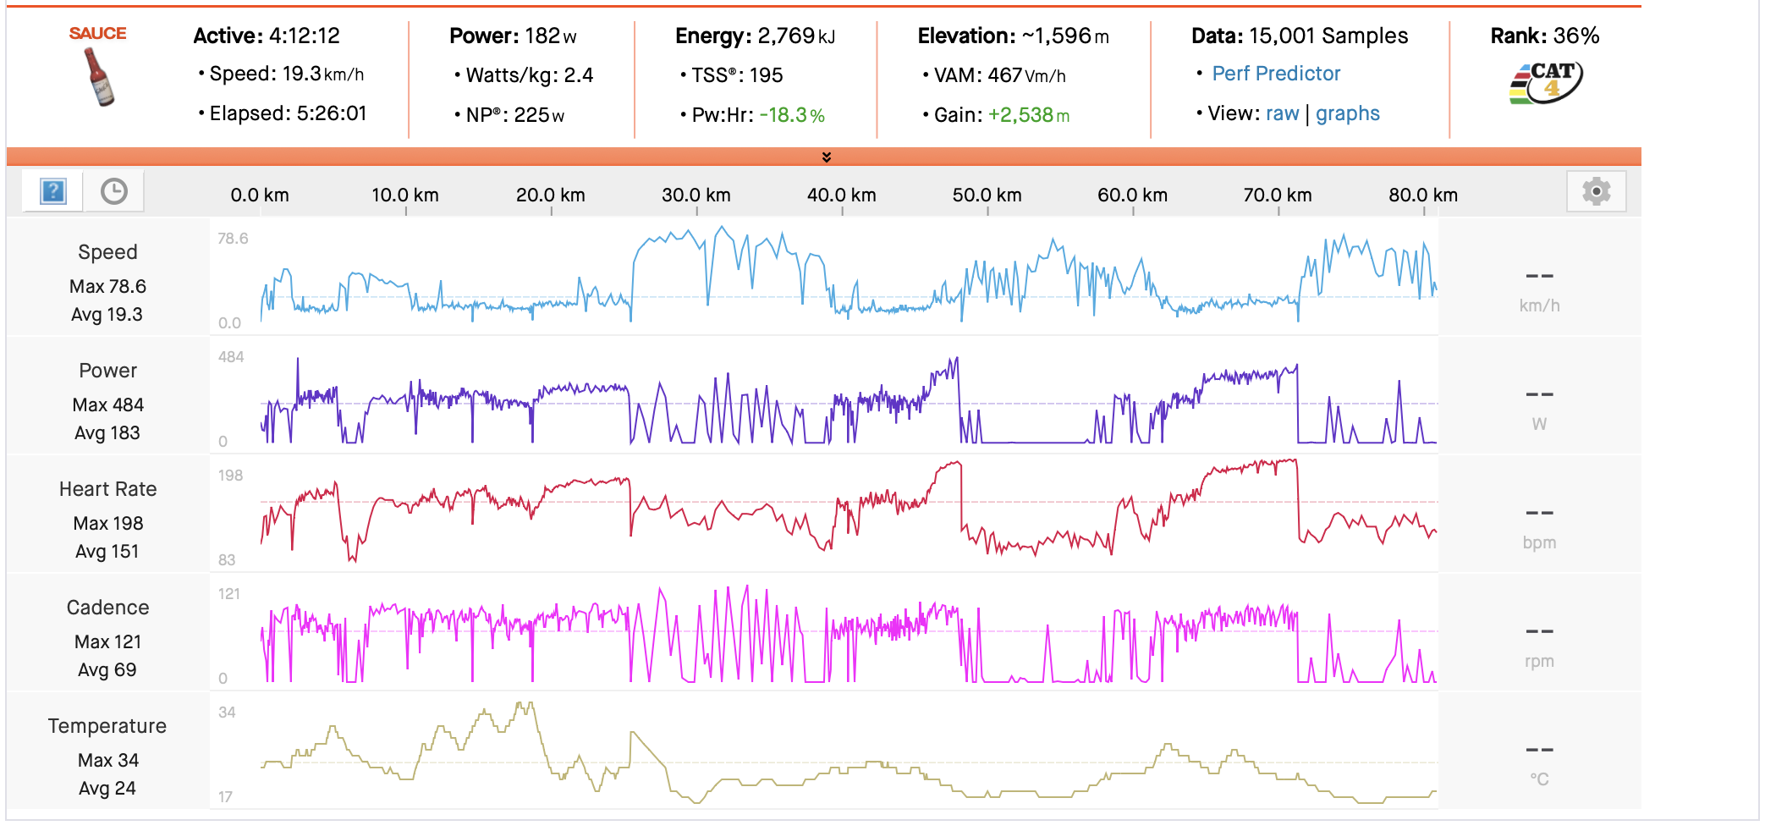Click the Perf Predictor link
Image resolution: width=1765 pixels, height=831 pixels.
coord(1275,74)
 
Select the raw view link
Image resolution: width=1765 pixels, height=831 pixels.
coord(1282,113)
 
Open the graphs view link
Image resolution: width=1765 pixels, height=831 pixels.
coord(1347,113)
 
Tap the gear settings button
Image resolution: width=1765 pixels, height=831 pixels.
coord(1596,192)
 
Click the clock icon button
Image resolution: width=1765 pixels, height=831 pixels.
coord(114,191)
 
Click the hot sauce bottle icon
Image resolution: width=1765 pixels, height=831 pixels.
coord(99,76)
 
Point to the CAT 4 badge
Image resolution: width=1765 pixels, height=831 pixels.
coord(1546,83)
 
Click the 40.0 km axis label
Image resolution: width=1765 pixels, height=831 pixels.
coord(841,195)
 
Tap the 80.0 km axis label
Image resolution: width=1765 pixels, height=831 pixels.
coord(1422,195)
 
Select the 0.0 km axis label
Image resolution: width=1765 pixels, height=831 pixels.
coord(260,195)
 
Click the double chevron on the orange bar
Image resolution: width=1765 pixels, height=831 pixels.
coord(827,157)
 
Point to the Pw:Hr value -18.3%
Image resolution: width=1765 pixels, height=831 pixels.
coord(791,115)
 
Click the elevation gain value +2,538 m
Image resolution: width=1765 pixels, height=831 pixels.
coord(1028,115)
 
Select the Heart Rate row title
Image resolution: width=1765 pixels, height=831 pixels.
coord(107,489)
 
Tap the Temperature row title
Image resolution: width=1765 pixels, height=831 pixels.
coord(107,726)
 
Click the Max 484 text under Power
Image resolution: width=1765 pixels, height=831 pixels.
coord(107,404)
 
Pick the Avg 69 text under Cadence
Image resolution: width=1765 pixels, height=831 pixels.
coord(107,669)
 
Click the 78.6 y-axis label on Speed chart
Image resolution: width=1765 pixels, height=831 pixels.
coord(233,239)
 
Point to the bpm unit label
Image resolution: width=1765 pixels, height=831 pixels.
coord(1539,542)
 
